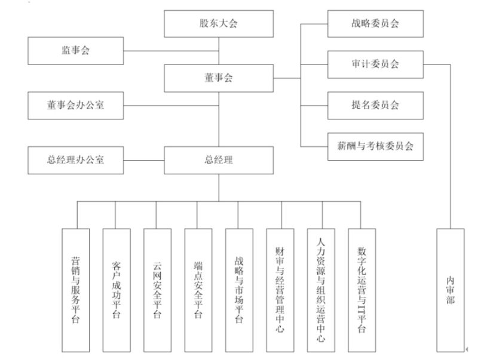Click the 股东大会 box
(219, 24)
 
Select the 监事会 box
(76, 51)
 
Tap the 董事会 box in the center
(219, 78)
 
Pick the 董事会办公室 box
(76, 106)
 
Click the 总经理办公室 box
(76, 159)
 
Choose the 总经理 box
(219, 159)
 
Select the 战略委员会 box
(375, 24)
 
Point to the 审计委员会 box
(375, 64)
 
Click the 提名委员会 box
(375, 105)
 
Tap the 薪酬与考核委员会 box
(375, 146)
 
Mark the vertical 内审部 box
(451, 290)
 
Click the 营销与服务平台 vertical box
(76, 290)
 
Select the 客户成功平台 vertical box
(117, 290)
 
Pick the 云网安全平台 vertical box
(157, 290)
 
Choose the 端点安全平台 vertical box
(198, 290)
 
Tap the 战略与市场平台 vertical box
(239, 290)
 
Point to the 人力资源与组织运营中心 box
(321, 290)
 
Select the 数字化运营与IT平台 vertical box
(361, 290)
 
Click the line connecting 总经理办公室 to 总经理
(144, 159)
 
